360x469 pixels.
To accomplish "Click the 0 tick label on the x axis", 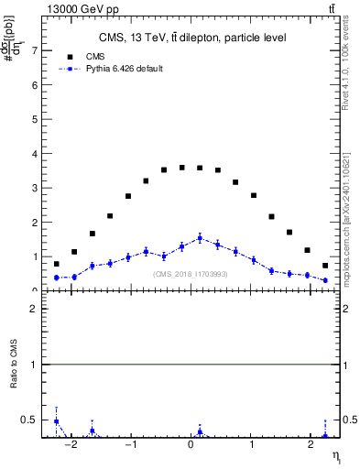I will (x=191, y=446).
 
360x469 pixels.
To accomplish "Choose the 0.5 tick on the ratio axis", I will (x=30, y=420).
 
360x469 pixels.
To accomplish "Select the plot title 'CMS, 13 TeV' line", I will (x=191, y=38).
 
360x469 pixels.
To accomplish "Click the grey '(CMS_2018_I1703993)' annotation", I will (x=191, y=273).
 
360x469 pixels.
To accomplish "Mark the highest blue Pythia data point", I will (x=200, y=238).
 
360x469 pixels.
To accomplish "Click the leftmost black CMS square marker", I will (x=57, y=264).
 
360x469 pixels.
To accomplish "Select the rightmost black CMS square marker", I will (x=325, y=266).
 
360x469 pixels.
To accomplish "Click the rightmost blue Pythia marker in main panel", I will (x=325, y=280).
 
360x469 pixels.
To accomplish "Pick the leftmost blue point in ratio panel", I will (x=57, y=421).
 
